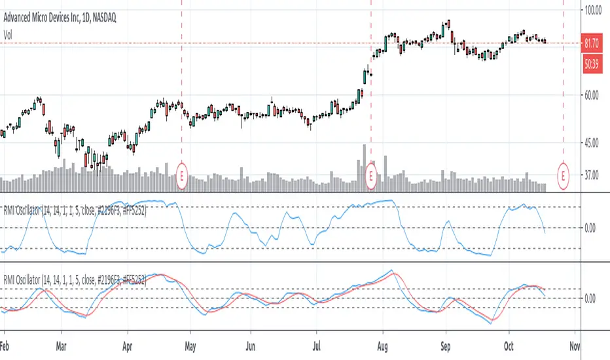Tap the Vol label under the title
pos(9,20)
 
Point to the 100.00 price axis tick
pos(594,10)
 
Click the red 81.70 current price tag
pos(594,44)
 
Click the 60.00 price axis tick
pos(594,96)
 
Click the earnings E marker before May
pos(182,175)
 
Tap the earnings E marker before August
pos(371,175)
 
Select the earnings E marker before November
pos(564,175)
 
